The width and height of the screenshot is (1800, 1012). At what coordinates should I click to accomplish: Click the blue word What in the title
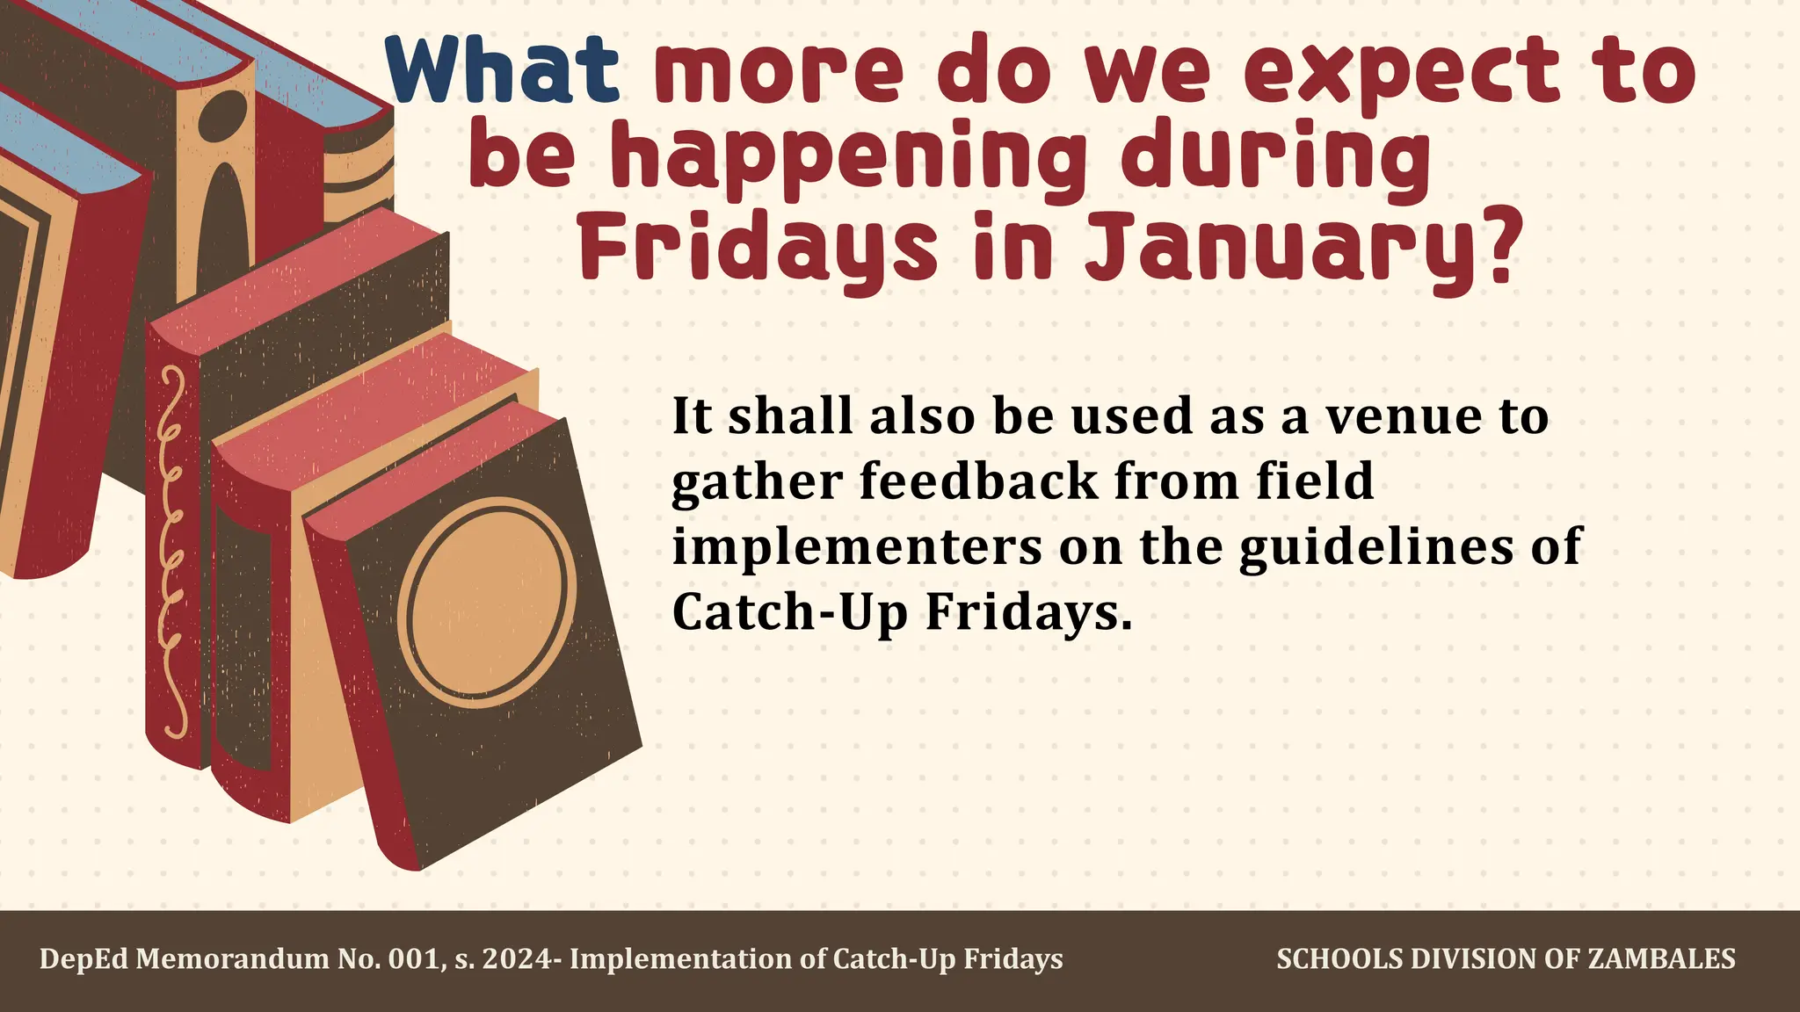pyautogui.click(x=503, y=70)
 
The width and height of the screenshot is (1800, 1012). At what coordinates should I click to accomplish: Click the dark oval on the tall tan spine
pyautogui.click(x=223, y=119)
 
